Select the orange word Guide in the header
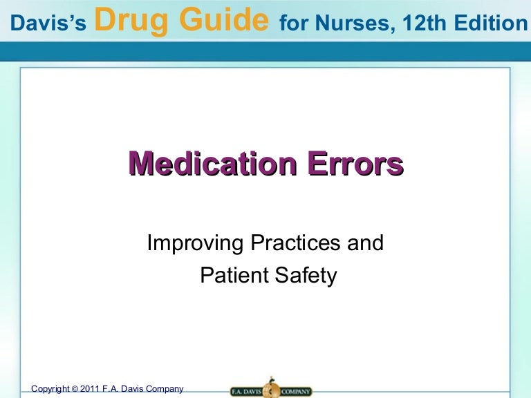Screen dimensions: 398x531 coord(221,21)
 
